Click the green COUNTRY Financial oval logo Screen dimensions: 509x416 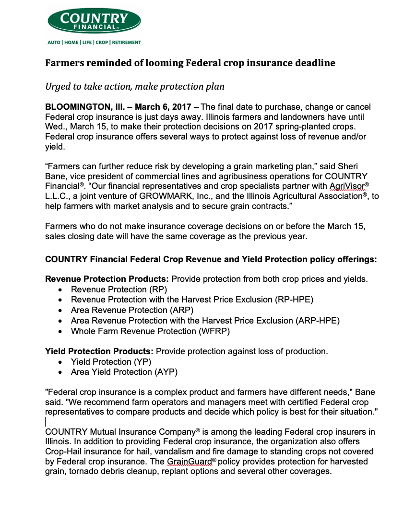point(94,21)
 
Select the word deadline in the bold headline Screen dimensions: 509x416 point(314,63)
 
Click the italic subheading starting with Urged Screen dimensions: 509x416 point(135,86)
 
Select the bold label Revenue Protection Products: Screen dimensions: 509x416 point(107,279)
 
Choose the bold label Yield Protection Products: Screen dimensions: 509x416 point(99,351)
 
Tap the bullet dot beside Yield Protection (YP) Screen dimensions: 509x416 point(60,362)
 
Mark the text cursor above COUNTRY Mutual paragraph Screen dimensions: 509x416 point(46,422)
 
